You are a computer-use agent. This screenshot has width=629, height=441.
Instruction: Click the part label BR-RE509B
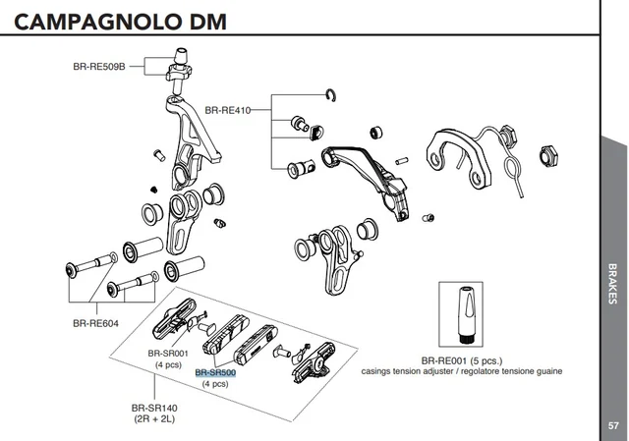99,68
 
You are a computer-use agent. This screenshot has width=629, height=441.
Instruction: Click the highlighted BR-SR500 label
215,372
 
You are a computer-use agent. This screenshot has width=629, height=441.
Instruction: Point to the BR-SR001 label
167,354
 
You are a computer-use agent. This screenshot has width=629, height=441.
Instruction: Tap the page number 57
613,425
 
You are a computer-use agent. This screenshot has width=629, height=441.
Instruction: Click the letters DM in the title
232,22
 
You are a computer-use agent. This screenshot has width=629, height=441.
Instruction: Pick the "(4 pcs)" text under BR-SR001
167,364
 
